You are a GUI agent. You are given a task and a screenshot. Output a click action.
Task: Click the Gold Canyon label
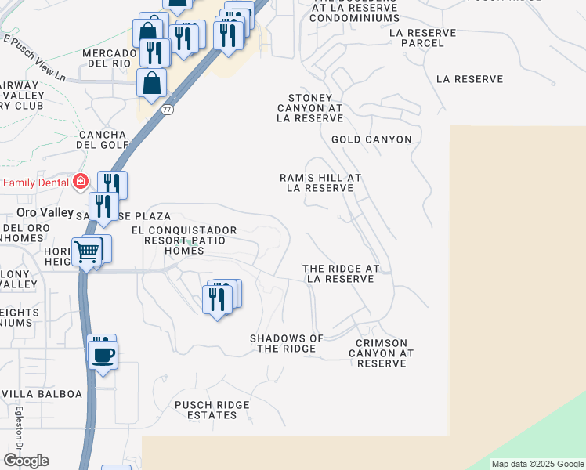(x=371, y=139)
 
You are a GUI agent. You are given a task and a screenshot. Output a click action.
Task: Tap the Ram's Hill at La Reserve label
(x=320, y=183)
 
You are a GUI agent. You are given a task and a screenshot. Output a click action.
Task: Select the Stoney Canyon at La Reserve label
(x=310, y=108)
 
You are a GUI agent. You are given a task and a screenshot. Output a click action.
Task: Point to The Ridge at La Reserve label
(x=341, y=273)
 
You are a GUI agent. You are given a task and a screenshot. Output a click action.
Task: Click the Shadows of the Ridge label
(x=287, y=343)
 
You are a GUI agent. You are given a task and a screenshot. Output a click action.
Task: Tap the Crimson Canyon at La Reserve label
(x=382, y=353)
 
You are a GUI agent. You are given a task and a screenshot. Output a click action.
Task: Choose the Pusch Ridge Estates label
(x=212, y=410)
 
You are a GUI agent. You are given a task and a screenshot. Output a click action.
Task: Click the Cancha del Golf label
(x=102, y=139)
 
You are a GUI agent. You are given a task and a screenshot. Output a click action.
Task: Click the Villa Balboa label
(x=42, y=393)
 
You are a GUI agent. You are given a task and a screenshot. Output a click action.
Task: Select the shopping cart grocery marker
(x=88, y=252)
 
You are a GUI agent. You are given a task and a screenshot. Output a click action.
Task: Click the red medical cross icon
(x=79, y=183)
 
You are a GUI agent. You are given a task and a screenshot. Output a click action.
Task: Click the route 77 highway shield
(x=167, y=110)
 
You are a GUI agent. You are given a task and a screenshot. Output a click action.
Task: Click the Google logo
(x=26, y=461)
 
